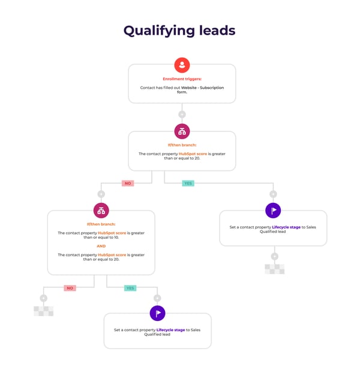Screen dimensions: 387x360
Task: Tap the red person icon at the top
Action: [x=182, y=65]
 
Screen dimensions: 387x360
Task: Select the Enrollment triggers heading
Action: [x=182, y=79]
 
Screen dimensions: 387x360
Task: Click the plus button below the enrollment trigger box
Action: [x=182, y=114]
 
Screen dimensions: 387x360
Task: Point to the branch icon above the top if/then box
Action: [x=182, y=131]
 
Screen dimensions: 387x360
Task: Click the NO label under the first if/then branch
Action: [x=127, y=183]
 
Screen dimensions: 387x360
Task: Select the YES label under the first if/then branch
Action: [x=188, y=183]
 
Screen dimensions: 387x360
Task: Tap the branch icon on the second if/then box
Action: [x=101, y=211]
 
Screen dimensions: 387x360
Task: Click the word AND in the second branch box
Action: [x=101, y=246]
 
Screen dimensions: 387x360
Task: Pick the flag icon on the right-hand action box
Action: [x=273, y=211]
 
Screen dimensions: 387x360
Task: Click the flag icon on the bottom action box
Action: [x=157, y=313]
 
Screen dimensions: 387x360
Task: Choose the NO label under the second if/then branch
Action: [x=70, y=288]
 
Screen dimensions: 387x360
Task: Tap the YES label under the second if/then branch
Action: [x=130, y=288]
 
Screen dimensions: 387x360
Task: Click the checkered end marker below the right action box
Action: [x=274, y=269]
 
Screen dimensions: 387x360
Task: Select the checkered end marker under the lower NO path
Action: [x=43, y=311]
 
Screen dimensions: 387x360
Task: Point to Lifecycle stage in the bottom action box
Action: [x=171, y=330]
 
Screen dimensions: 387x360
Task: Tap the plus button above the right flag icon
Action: [x=273, y=194]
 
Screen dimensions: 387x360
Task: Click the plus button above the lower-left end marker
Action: [x=43, y=298]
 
